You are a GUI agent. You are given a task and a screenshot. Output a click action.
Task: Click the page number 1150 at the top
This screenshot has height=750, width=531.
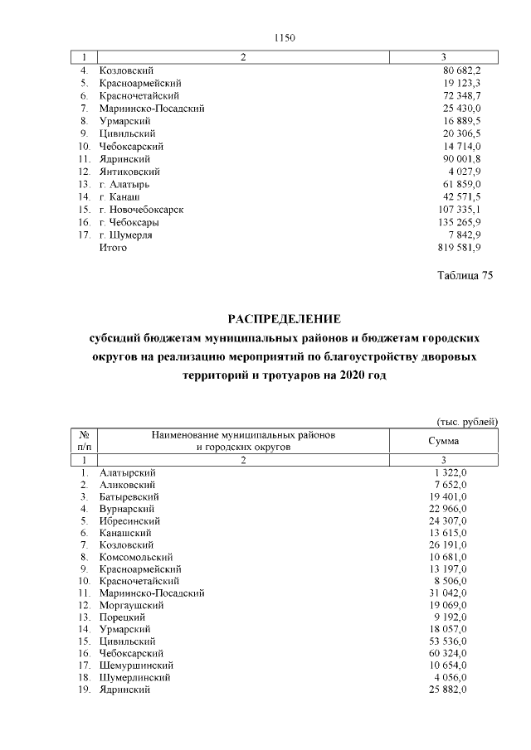(x=284, y=38)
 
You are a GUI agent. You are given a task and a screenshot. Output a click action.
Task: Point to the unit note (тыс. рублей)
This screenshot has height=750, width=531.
(x=467, y=422)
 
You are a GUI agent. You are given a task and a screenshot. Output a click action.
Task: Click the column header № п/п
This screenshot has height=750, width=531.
(x=84, y=440)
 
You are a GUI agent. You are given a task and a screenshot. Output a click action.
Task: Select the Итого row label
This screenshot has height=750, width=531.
(x=107, y=247)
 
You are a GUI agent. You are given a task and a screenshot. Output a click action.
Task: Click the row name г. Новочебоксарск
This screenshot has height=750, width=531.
(x=140, y=210)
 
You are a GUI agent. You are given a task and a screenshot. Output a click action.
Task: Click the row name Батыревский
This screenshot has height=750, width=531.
(x=127, y=496)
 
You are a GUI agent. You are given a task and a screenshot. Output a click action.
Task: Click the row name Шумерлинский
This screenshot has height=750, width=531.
(x=135, y=677)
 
